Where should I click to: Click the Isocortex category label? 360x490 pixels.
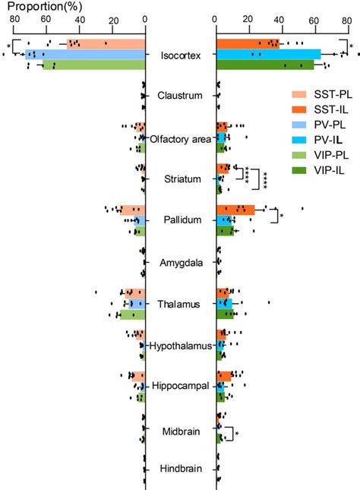pos(181,55)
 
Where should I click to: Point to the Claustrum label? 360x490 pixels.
pos(180,96)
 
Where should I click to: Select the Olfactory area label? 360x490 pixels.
pos(180,138)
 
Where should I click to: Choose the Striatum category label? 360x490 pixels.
pos(181,179)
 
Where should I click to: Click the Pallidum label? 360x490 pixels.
pos(181,220)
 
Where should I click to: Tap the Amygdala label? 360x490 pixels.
pos(180,262)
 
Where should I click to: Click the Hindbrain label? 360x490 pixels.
pos(181,469)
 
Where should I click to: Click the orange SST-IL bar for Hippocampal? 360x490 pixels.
pos(225,375)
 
